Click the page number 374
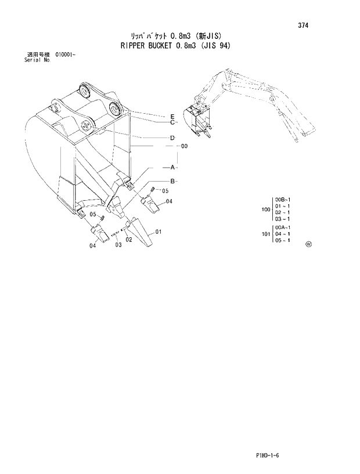[x=303, y=26]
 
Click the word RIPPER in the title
[x=133, y=45]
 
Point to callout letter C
[x=173, y=122]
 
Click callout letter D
[x=173, y=138]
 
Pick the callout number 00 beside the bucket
[x=184, y=147]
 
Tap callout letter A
[x=173, y=167]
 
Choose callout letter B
[x=173, y=182]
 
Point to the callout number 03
[x=118, y=245]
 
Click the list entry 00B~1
[x=283, y=200]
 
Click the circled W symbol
[x=308, y=244]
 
